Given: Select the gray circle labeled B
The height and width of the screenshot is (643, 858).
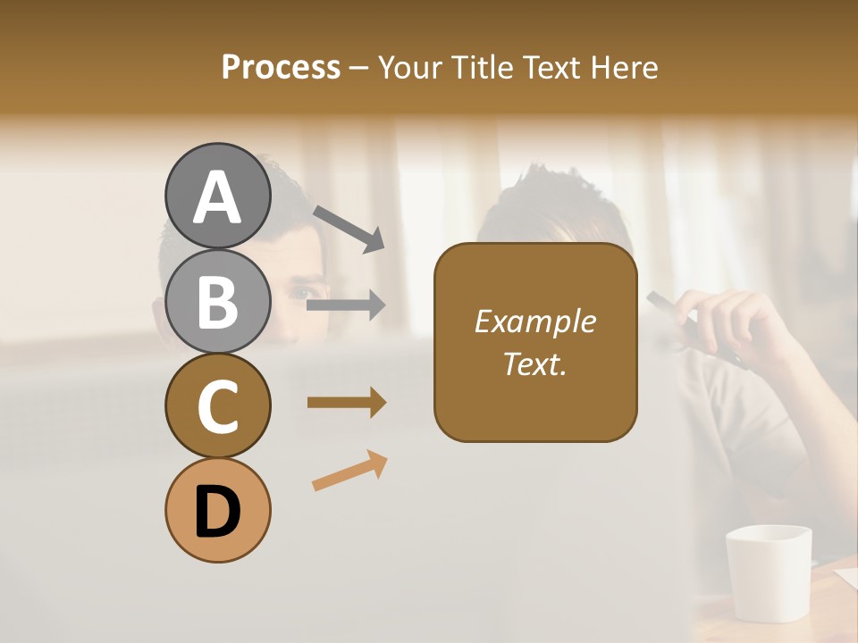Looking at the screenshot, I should point(217,301).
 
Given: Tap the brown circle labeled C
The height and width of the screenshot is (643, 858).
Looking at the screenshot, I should point(217,405).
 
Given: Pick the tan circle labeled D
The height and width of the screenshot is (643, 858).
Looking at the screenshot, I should point(217,510).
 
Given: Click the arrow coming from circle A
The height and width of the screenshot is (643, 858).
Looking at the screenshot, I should point(349,228).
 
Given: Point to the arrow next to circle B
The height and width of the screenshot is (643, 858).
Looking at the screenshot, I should point(346,305).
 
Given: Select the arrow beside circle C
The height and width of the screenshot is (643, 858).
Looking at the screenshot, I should point(347,403).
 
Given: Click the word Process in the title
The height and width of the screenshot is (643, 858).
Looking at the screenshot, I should point(281,67).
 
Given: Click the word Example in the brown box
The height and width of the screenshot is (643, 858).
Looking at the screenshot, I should point(534,321).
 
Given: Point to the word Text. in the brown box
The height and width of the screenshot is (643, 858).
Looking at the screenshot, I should point(534,363).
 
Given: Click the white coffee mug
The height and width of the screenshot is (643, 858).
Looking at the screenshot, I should point(769,572).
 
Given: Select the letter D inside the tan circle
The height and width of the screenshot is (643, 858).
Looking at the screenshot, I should point(217,514).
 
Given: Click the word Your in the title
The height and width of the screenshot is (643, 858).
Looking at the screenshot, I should point(409,67).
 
